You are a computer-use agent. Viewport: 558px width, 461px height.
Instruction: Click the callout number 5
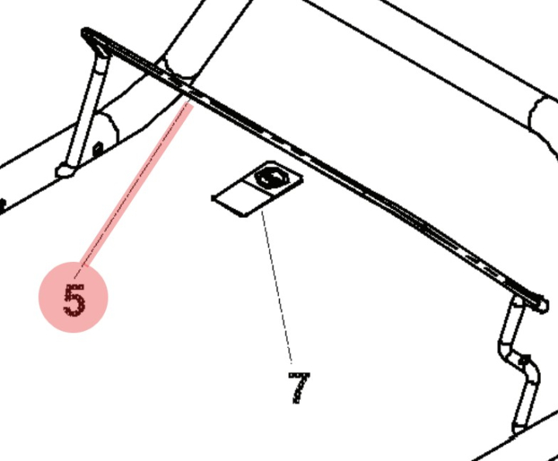click(74, 299)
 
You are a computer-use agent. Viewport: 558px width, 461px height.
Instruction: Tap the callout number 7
click(298, 387)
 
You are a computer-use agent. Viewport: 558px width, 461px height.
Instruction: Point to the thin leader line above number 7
click(277, 287)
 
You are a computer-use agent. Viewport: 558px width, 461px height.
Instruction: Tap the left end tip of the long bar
click(85, 33)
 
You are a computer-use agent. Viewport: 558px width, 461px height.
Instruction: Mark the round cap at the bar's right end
click(539, 301)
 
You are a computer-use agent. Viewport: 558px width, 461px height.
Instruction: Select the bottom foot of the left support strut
click(65, 170)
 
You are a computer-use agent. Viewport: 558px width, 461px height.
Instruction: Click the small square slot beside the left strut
click(98, 146)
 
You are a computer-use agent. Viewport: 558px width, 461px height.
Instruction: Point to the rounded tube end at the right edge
click(542, 116)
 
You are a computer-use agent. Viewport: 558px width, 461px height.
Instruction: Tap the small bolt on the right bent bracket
click(524, 361)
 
